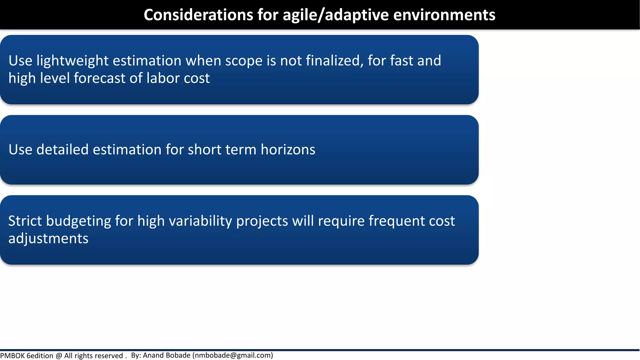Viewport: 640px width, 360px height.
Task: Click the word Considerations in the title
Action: pyautogui.click(x=198, y=15)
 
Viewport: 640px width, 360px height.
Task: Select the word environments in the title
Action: pyautogui.click(x=444, y=15)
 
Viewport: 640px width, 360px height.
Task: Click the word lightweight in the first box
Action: pyautogui.click(x=72, y=61)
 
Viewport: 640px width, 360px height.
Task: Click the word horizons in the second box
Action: pyautogui.click(x=288, y=150)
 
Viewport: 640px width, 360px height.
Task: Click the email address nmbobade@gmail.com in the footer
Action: pyautogui.click(x=233, y=355)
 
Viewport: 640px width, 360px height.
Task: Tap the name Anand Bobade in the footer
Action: pyautogui.click(x=167, y=355)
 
